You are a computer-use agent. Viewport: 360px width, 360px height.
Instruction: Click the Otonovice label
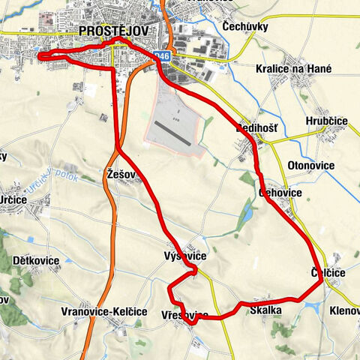(x=310, y=165)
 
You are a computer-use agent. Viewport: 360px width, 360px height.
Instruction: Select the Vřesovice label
(x=180, y=316)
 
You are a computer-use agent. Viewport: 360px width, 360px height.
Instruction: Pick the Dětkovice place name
(x=36, y=260)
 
